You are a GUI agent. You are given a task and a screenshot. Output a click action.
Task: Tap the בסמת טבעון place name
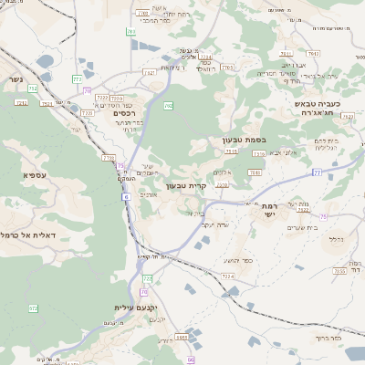pyautogui.click(x=242, y=140)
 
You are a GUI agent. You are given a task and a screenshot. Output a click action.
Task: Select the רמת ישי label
pyautogui.click(x=267, y=210)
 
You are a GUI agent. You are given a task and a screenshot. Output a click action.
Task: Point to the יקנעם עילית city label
pyautogui.click(x=134, y=308)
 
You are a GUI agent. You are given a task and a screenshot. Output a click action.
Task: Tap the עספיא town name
pyautogui.click(x=36, y=173)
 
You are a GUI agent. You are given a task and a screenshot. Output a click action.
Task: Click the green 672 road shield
pyautogui.click(x=34, y=308)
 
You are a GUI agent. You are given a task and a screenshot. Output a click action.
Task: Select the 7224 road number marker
pyautogui.click(x=227, y=275)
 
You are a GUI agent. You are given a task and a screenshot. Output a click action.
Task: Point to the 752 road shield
pyautogui.click(x=33, y=89)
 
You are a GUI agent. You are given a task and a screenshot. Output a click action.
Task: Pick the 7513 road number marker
pyautogui.click(x=232, y=151)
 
